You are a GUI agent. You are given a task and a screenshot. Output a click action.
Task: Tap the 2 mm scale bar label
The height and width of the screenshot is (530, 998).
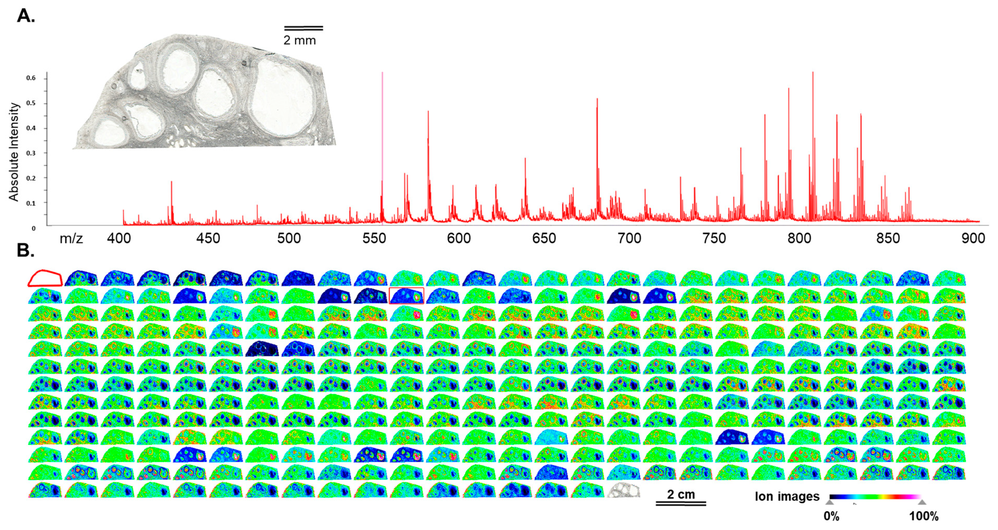[299, 40]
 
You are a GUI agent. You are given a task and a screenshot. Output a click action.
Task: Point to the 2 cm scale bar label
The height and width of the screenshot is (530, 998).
[681, 494]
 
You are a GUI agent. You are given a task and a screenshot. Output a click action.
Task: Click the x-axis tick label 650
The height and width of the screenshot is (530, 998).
[544, 238]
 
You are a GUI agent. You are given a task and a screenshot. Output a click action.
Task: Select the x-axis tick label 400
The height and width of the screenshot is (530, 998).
[119, 238]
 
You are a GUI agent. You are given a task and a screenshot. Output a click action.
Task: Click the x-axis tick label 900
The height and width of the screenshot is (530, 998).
[973, 238]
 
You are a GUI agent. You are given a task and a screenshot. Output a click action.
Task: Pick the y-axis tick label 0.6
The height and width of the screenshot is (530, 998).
[31, 78]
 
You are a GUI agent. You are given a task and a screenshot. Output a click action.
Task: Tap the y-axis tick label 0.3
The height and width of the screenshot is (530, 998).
[31, 153]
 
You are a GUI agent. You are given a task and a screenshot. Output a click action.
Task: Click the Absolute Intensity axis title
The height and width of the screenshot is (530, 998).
[14, 152]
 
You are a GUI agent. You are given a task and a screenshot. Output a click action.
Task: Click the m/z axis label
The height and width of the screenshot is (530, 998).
[71, 239]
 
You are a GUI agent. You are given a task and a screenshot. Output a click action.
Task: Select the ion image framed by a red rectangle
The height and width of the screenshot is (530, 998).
[406, 296]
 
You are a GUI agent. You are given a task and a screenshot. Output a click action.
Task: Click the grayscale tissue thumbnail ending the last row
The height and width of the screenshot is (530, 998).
[623, 490]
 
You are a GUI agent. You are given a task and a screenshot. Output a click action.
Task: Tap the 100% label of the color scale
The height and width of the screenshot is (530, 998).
[924, 516]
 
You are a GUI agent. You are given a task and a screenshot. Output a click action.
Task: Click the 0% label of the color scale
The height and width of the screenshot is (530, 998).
[831, 516]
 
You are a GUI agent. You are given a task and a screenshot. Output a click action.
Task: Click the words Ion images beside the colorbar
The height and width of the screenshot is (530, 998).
[787, 497]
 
